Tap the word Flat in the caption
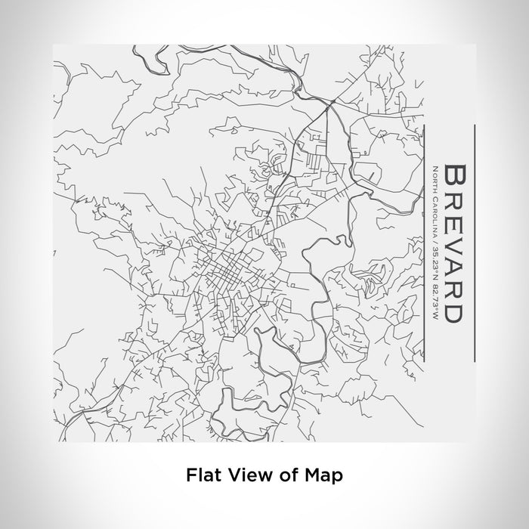(200, 476)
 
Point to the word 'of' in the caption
(286, 476)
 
